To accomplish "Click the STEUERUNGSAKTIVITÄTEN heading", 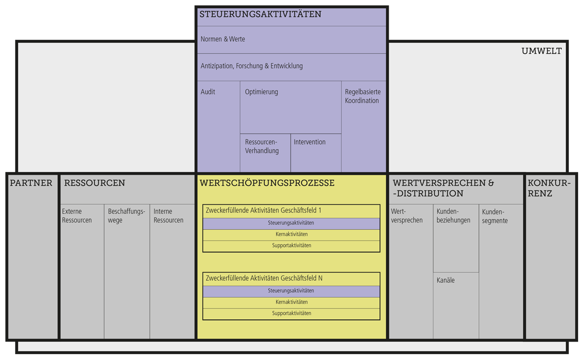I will click(x=260, y=15).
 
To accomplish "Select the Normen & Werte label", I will click(x=223, y=39).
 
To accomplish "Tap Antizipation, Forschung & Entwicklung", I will click(x=251, y=66).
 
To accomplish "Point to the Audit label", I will click(x=208, y=92).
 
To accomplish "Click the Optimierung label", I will click(x=261, y=92).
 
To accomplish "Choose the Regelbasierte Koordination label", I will click(x=362, y=96).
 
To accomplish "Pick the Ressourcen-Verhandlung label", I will click(x=261, y=146).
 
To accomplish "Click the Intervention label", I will click(x=309, y=142).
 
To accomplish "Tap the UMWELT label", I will click(x=541, y=51).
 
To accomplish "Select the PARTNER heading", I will click(x=31, y=183).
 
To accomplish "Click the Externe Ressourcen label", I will click(x=77, y=216).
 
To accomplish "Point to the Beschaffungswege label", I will click(x=126, y=216).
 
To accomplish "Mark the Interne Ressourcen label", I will click(x=168, y=216).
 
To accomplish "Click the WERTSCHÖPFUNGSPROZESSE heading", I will click(x=267, y=183).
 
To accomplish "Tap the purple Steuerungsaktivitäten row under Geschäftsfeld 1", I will click(x=291, y=223).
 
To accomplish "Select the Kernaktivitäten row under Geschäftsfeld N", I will click(x=291, y=302).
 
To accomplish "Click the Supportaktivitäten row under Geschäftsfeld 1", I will click(x=291, y=246).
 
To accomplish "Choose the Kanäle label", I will click(x=446, y=280).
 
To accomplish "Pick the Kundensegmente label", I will click(x=495, y=216).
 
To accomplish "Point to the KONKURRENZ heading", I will click(x=549, y=188).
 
